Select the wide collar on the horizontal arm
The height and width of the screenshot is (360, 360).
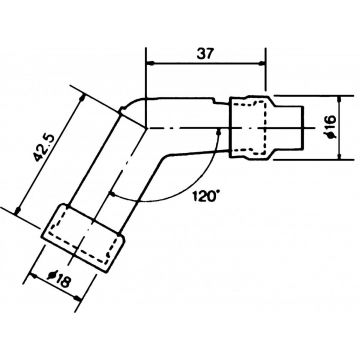250,126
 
